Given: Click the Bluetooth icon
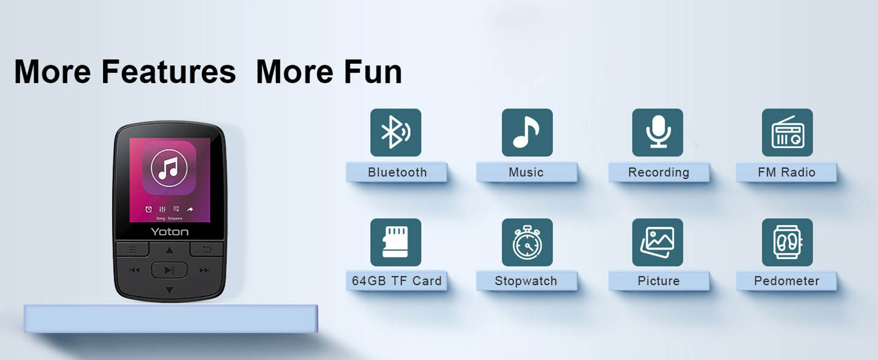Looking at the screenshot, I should click(396, 133).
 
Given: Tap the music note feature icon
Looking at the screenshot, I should click(527, 133).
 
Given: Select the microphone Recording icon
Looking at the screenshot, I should click(658, 133).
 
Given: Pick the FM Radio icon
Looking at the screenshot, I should click(787, 133).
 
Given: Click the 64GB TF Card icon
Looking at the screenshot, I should click(396, 242).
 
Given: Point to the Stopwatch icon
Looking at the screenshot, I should click(527, 242).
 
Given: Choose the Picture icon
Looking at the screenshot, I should click(658, 242).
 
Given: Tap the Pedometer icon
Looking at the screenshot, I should click(787, 242).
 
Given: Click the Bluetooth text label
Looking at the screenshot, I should click(397, 173).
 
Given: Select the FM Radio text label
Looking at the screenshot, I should click(786, 173).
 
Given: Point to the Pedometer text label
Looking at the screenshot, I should click(786, 281).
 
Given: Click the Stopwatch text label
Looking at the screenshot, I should click(526, 281).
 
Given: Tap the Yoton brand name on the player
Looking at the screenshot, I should click(170, 232).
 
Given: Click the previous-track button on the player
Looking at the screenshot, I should click(134, 270).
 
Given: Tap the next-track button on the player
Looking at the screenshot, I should click(205, 270).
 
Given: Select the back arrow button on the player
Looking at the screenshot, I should click(207, 249).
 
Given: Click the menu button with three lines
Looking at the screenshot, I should click(133, 249).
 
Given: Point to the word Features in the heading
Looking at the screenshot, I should click(169, 72).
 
